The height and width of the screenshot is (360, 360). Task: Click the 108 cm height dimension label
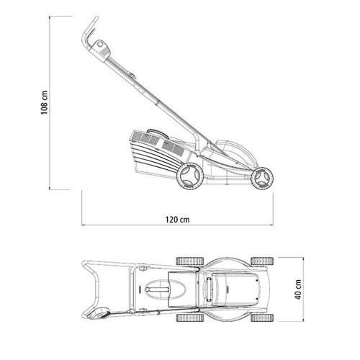click(x=45, y=102)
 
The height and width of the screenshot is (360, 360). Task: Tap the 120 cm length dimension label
click(x=177, y=220)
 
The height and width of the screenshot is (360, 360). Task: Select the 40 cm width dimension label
click(x=298, y=289)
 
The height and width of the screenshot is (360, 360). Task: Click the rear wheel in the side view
click(x=190, y=176)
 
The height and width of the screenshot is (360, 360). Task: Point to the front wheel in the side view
click(x=262, y=179)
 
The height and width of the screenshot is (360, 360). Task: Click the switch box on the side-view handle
click(x=102, y=49)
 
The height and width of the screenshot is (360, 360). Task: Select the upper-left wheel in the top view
click(x=190, y=261)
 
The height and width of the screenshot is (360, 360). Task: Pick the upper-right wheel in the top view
click(x=262, y=261)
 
